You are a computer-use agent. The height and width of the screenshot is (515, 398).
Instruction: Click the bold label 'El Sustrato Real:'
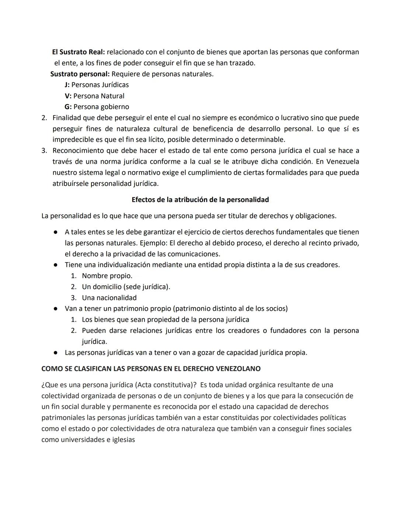tap(78, 52)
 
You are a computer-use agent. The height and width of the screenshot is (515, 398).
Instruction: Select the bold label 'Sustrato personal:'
tap(80, 74)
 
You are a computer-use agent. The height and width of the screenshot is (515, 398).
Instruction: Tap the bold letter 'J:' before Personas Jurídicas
tap(67, 85)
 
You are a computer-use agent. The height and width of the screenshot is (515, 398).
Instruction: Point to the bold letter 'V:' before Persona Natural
tap(68, 96)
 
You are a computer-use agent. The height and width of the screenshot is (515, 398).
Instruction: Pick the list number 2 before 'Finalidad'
tap(44, 118)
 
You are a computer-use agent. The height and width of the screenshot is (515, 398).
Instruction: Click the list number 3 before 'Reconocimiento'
tap(44, 150)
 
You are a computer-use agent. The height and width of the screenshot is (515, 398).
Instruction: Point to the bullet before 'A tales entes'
tap(55, 232)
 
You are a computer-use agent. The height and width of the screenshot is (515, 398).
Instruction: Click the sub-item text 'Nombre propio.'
tap(107, 276)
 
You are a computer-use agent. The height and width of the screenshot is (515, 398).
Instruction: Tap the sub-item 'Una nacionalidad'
tap(109, 297)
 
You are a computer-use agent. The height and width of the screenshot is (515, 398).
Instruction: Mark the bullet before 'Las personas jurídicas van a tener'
tap(55, 353)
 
